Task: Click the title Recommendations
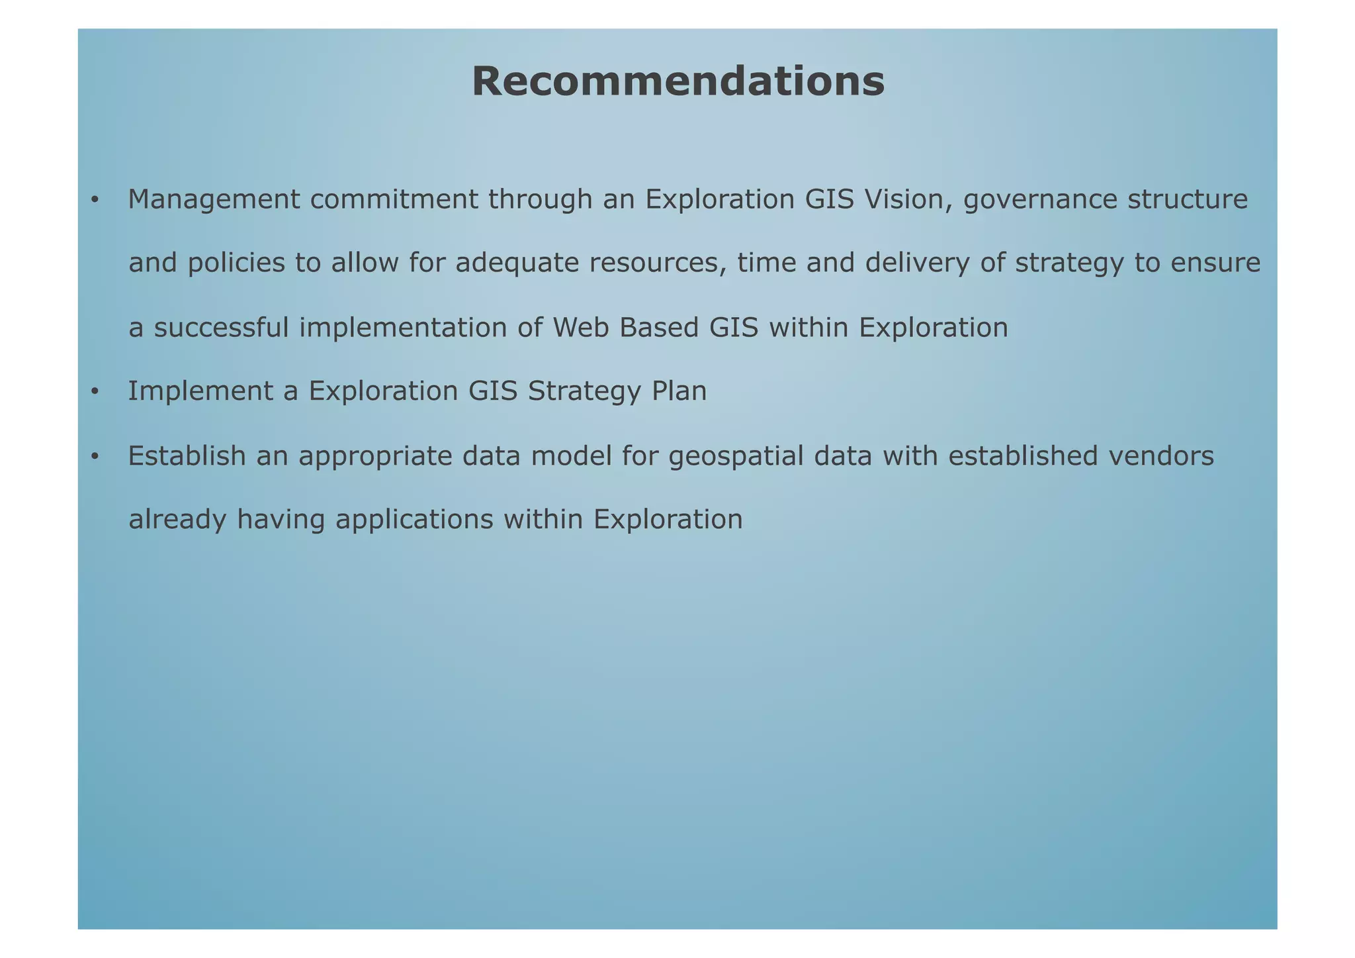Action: tap(678, 81)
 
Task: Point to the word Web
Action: tap(581, 328)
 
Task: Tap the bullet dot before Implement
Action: tap(95, 393)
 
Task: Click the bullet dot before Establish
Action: tap(95, 457)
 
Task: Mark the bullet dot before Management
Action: tap(95, 200)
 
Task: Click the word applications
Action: tap(414, 520)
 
